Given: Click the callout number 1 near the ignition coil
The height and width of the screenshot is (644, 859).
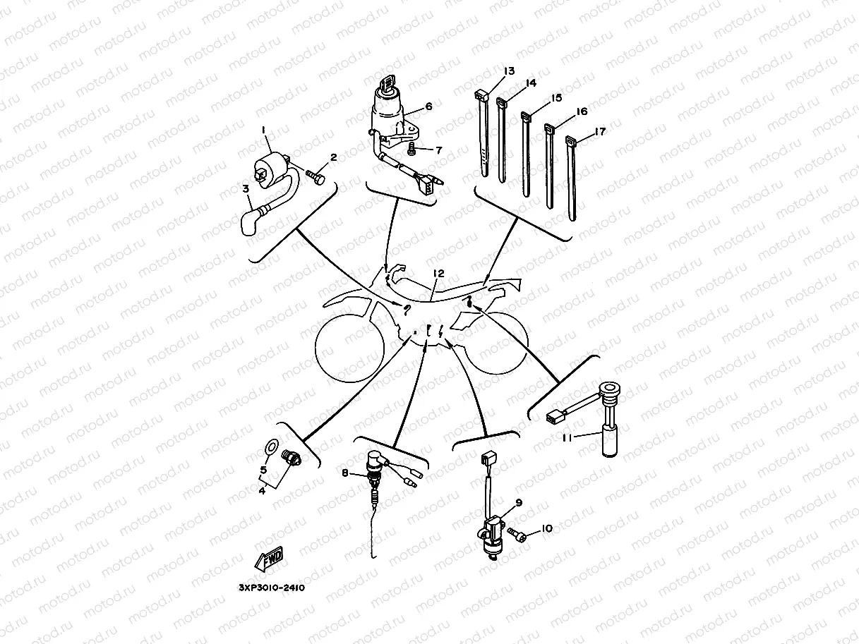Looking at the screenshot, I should point(263,130).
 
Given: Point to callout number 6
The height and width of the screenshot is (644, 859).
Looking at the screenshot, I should point(428,107).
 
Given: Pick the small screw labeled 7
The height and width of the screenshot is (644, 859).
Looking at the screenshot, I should point(412,149).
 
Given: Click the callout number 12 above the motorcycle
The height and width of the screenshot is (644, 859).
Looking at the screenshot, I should point(438,273).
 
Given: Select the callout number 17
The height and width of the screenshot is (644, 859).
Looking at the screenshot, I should point(600,131).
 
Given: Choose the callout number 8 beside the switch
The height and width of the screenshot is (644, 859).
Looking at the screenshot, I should point(345,474).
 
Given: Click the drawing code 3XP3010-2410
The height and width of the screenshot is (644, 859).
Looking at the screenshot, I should point(271,585).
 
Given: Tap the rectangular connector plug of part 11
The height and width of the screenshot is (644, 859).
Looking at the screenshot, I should point(555,418).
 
